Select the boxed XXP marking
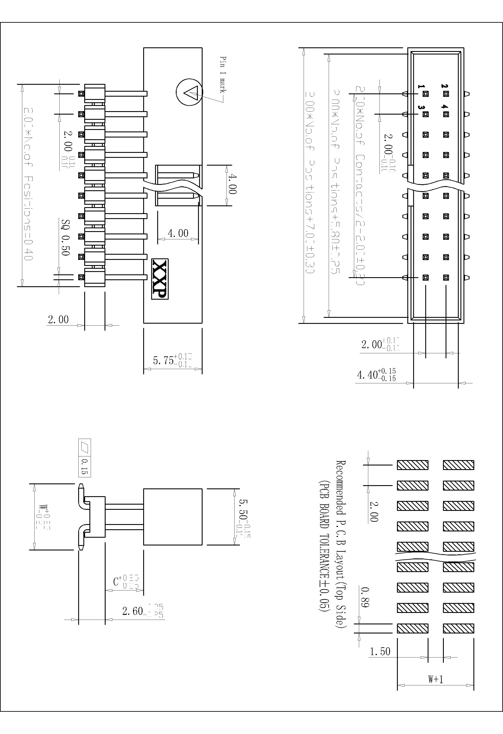[160, 279]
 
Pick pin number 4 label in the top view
[444, 107]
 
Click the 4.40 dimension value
[367, 375]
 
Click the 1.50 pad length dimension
[380, 652]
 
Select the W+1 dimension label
[435, 679]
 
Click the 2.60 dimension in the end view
[133, 611]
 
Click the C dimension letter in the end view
[116, 581]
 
